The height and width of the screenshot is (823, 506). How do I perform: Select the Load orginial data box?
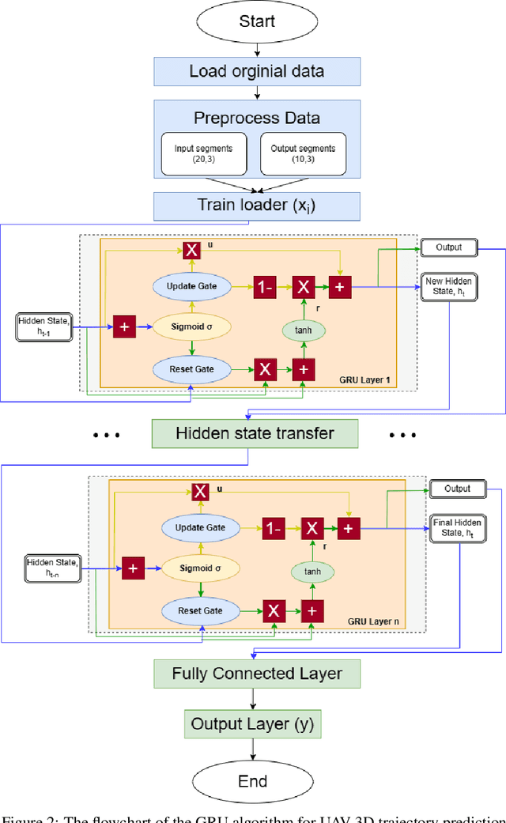[257, 72]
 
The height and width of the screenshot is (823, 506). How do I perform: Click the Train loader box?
[257, 206]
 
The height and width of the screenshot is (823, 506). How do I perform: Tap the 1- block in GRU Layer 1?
[264, 288]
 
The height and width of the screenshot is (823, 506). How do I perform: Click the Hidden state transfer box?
[255, 433]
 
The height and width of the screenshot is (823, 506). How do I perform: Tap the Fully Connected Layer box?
[257, 674]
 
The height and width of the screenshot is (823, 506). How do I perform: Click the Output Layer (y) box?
[252, 723]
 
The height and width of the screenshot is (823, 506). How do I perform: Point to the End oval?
[254, 782]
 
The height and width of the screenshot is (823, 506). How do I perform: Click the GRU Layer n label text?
[373, 622]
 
